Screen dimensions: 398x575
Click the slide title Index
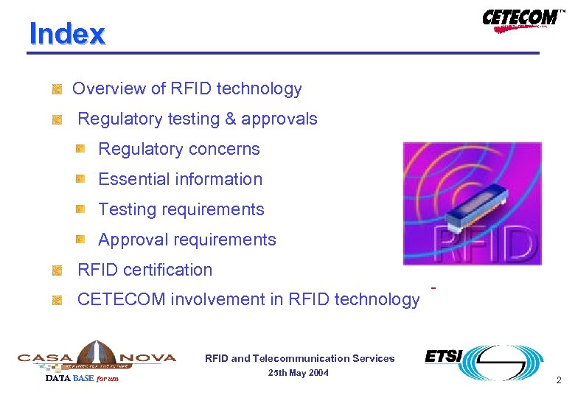coord(67,34)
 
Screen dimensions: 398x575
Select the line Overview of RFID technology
coord(187,89)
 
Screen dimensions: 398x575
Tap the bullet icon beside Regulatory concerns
coord(80,149)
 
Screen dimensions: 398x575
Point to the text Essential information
coord(180,179)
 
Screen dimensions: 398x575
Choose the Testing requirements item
coord(181,209)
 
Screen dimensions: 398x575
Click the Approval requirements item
coord(187,240)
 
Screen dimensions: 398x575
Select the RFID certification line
coord(144,270)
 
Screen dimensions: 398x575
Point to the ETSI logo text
coord(443,357)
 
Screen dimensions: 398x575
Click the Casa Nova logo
coord(97,357)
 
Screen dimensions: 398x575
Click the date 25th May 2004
coord(299,373)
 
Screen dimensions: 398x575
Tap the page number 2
coord(558,381)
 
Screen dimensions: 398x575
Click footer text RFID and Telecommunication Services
coord(299,359)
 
